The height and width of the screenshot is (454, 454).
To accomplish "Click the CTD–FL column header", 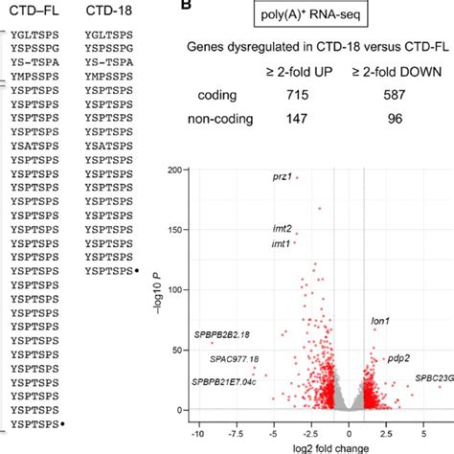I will [x=35, y=10].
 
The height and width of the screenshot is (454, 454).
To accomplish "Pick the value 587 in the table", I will [x=394, y=97].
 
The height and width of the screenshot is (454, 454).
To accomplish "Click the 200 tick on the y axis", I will [x=180, y=170].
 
